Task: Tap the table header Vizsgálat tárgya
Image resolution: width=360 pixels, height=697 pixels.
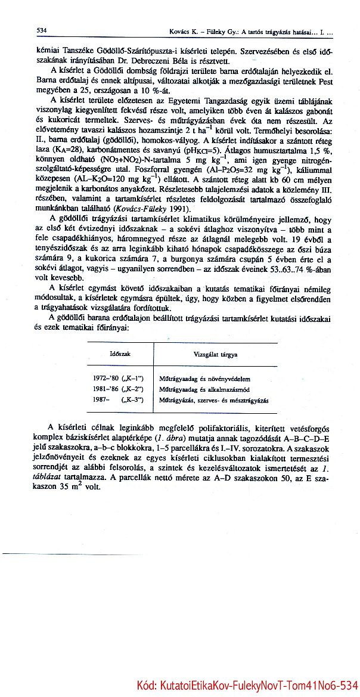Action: (216, 354)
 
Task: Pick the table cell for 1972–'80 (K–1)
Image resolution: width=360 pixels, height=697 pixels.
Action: (119, 378)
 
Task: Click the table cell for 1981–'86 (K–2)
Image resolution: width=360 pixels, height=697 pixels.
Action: (119, 388)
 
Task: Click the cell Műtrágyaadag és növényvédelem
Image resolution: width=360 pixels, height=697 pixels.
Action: (204, 379)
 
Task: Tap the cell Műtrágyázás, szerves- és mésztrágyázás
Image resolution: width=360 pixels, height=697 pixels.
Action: (213, 399)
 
